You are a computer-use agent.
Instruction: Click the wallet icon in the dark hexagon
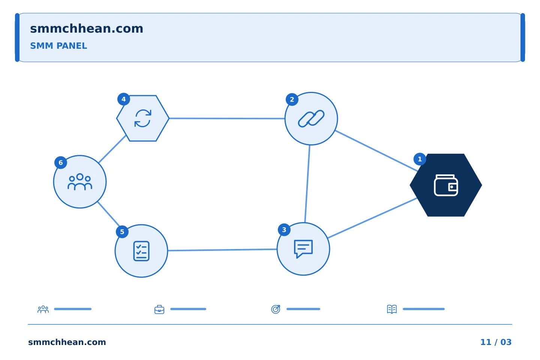coord(446,185)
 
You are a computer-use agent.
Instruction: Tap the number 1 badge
coord(420,159)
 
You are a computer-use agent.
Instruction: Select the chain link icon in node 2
coord(311,118)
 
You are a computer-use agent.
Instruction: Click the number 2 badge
coord(292,99)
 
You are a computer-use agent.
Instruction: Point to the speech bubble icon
coord(303,249)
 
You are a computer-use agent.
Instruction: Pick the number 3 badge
coord(284,230)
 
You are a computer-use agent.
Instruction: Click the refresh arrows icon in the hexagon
coord(143,118)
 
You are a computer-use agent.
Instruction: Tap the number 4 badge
coord(124,99)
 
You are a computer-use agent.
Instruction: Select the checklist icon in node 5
coord(141,251)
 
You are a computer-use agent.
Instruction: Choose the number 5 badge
coord(122,232)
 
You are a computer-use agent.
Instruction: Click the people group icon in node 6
coord(80,182)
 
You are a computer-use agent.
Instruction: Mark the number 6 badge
coord(61,162)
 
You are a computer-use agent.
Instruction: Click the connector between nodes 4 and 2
coord(227,118)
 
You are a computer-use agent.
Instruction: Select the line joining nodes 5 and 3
coord(222,250)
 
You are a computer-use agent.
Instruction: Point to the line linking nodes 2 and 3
coord(307,184)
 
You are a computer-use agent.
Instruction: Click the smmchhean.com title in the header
coord(87,29)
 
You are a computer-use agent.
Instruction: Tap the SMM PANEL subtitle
coord(58,46)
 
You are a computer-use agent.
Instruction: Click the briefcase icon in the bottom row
coord(159,309)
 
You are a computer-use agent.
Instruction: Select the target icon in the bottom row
coord(276,309)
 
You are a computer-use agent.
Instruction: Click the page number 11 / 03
coord(496,342)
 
